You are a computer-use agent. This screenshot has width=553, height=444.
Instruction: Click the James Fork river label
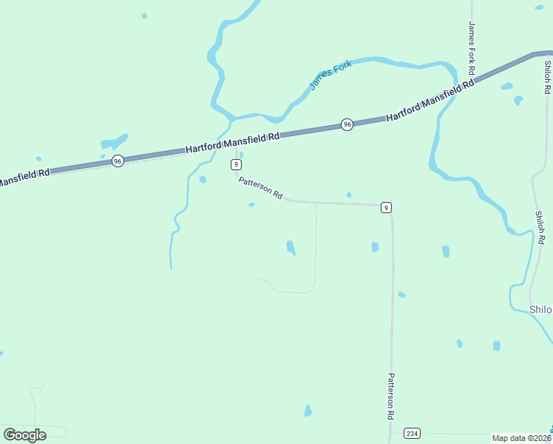(330, 75)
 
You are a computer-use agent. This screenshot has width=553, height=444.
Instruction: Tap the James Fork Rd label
(471, 47)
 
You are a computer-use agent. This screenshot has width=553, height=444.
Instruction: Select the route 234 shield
(412, 433)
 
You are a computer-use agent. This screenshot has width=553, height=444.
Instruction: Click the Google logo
(25, 434)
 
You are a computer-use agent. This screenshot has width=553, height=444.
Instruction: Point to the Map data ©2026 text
(521, 438)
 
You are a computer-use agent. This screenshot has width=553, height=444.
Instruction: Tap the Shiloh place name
(540, 309)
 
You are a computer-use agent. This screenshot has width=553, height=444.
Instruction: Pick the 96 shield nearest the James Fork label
(347, 124)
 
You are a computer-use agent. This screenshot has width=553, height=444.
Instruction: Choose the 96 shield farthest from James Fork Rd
(118, 161)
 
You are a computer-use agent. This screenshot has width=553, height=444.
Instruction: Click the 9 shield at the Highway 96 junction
(236, 164)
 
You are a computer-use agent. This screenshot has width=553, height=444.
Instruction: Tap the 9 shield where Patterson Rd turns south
(386, 207)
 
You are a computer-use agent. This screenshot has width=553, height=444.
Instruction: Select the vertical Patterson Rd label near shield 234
(390, 396)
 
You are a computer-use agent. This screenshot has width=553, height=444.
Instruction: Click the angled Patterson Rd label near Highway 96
(260, 188)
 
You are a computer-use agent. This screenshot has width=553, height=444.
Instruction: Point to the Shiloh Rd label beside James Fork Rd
(546, 76)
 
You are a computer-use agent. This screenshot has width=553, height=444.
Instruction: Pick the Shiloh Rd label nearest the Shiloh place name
(540, 228)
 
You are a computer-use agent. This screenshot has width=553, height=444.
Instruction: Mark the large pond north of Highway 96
(115, 141)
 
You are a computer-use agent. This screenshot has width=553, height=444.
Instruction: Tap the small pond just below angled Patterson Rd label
(252, 205)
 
